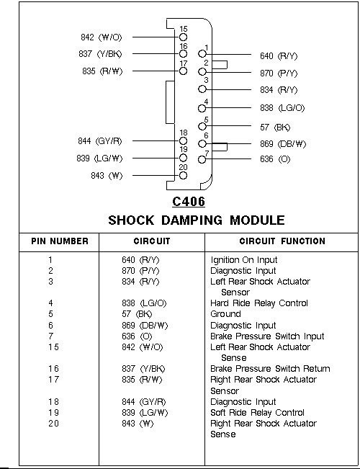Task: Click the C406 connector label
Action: pos(189,201)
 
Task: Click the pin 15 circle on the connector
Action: pos(183,37)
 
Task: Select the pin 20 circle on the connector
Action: pos(183,175)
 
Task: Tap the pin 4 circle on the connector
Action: pos(202,108)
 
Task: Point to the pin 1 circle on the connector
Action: pos(202,54)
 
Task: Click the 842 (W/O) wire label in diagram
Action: pos(102,37)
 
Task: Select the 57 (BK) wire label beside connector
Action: pos(275,128)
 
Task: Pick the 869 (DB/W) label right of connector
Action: pos(283,144)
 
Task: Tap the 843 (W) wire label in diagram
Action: pos(107,176)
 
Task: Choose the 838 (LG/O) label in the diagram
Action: pos(282,108)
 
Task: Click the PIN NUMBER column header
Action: pos(60,241)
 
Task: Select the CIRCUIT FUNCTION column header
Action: pos(282,241)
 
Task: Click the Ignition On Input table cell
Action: pos(243,260)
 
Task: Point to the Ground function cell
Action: pos(225,314)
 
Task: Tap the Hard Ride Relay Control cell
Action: pos(259,303)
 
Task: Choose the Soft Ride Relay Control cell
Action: pos(257,413)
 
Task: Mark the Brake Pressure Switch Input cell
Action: pos(267,336)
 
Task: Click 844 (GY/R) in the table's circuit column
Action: pos(143,402)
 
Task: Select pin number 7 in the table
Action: pos(50,336)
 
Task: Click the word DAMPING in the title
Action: pos(192,220)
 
